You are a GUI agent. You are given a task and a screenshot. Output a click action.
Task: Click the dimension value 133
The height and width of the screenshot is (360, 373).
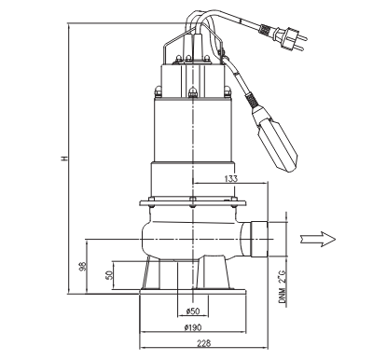[230, 178]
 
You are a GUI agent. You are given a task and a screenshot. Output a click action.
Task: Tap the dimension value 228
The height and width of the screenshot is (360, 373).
[203, 343]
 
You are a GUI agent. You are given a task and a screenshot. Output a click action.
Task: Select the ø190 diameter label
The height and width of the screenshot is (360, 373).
[193, 327]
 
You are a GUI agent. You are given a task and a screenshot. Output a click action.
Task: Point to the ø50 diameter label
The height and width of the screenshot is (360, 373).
[193, 311]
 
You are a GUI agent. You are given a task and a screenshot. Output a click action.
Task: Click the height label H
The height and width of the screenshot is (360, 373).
[64, 159]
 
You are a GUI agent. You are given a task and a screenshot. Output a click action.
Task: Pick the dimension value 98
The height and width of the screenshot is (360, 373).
[82, 266]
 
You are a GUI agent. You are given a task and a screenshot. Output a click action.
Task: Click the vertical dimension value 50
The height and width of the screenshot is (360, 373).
[109, 275]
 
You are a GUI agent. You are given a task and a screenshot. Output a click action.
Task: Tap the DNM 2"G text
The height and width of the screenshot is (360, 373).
[282, 286]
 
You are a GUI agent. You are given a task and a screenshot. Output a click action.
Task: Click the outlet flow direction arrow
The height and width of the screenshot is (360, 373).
[318, 239]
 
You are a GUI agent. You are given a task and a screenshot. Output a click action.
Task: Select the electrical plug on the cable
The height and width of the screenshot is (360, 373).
[291, 38]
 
